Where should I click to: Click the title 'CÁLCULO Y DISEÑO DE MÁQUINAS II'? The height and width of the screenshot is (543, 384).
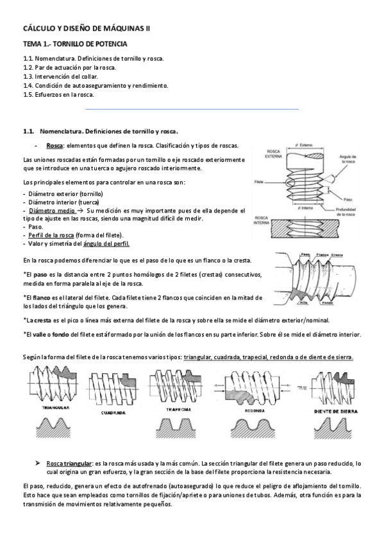[x=87, y=29]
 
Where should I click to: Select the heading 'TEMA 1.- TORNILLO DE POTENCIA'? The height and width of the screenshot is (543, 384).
[x=74, y=44]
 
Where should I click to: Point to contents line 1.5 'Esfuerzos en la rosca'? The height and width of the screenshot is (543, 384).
[x=58, y=94]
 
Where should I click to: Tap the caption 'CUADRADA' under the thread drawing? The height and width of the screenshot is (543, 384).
[x=113, y=412]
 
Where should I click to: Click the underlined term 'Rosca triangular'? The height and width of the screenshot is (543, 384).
[x=70, y=462]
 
